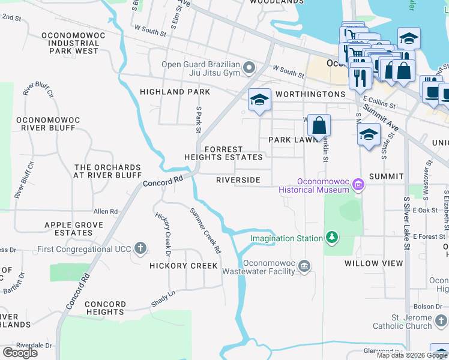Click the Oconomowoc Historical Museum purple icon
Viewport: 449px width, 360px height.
[358, 184]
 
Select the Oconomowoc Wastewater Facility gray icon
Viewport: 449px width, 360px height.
[304, 266]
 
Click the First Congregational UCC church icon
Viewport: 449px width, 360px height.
[140, 248]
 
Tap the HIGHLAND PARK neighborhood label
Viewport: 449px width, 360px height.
[175, 92]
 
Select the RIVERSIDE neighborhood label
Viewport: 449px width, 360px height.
[238, 180]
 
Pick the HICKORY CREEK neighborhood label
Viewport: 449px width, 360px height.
[183, 266]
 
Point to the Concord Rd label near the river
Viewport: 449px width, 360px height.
[163, 181]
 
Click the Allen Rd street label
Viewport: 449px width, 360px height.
[106, 212]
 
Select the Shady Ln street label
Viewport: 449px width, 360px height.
[163, 298]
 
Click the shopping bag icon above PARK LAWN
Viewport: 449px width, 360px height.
[319, 125]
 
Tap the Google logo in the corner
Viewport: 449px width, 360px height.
[20, 353]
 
